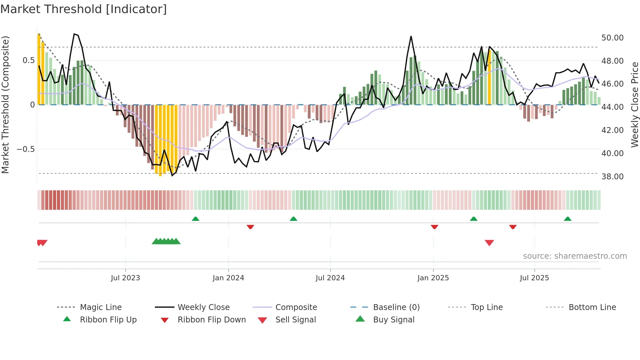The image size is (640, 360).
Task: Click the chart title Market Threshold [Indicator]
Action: tap(84, 9)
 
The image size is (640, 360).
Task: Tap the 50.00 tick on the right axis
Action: tap(612, 38)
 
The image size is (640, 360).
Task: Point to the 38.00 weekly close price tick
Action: tap(612, 177)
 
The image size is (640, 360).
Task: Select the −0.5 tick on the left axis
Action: tap(25, 149)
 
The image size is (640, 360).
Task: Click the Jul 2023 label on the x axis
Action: tap(125, 278)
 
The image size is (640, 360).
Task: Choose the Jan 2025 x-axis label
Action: tap(433, 278)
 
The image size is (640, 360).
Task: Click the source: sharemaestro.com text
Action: tap(575, 256)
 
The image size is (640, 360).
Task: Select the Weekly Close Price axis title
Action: tap(634, 105)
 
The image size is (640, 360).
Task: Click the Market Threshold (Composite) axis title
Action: tap(5, 105)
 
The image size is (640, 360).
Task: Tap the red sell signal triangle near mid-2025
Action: tap(489, 243)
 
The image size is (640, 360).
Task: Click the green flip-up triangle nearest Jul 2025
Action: tap(568, 219)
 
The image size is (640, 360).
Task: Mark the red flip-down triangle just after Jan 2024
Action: tap(250, 227)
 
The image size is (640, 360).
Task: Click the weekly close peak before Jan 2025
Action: tap(411, 37)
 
